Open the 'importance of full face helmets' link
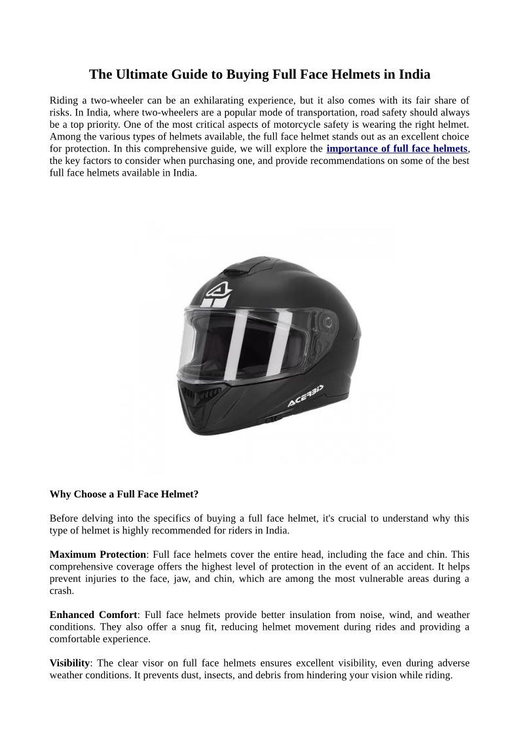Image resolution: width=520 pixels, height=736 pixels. point(397,149)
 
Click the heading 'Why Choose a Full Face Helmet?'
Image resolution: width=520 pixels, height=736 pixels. point(124,494)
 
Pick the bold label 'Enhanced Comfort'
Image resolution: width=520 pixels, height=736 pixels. point(94,615)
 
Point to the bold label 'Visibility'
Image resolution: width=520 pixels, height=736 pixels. point(69,663)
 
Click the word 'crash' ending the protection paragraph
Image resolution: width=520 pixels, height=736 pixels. point(62,591)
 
